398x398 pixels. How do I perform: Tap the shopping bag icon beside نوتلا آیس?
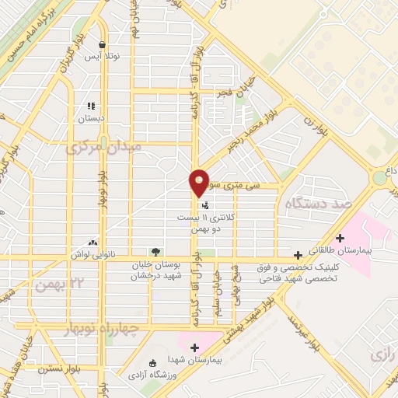(x=102, y=44)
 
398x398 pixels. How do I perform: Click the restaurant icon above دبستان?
(x=91, y=106)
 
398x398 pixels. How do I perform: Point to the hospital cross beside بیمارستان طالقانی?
(x=339, y=238)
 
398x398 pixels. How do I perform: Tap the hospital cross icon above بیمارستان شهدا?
(x=194, y=347)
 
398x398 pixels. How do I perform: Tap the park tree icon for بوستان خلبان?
(x=155, y=252)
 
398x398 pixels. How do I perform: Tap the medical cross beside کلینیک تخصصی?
(x=298, y=255)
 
